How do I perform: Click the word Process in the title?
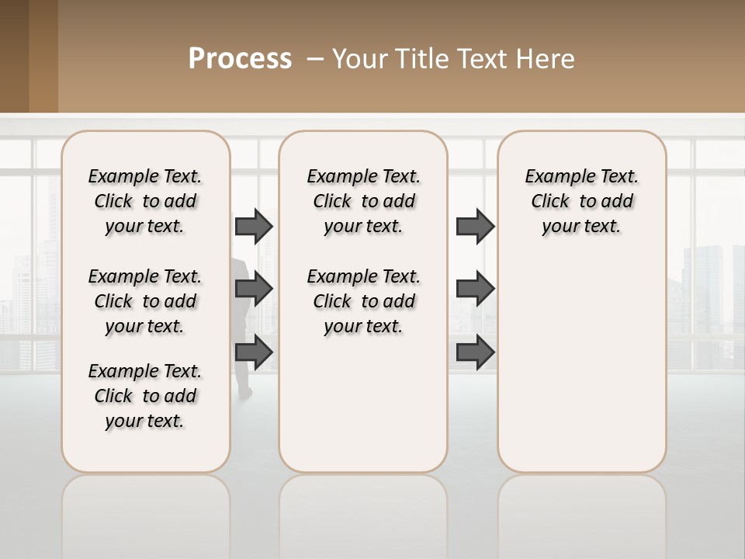click(x=240, y=58)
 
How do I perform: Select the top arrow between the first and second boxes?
click(x=254, y=226)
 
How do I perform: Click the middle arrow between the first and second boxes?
click(x=254, y=289)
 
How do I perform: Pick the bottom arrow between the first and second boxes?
click(x=254, y=352)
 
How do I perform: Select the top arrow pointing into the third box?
click(x=475, y=226)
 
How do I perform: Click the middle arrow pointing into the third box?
click(x=475, y=289)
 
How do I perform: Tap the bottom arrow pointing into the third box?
click(x=475, y=352)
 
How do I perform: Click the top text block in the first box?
click(x=145, y=201)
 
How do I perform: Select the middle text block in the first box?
click(x=145, y=301)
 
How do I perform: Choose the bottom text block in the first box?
click(x=145, y=396)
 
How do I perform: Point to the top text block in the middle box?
click(x=363, y=201)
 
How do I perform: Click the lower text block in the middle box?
click(x=363, y=301)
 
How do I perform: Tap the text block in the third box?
click(x=581, y=201)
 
